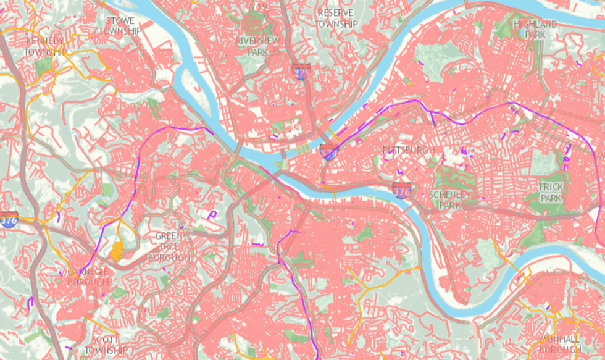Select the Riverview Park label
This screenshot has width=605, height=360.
[257, 46]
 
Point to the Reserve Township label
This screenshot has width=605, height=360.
[336, 18]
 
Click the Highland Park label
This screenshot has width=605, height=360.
[535, 30]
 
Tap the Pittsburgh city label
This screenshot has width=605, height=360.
[409, 150]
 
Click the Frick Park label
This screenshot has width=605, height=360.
[551, 192]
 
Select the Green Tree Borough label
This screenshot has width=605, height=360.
[169, 247]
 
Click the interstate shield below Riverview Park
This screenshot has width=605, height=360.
[301, 72]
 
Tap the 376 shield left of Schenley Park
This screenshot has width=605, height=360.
[401, 190]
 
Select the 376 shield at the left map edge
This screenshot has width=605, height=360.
[8, 221]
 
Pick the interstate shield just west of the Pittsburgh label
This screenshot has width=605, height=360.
[328, 151]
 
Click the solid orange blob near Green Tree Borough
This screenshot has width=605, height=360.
[116, 250]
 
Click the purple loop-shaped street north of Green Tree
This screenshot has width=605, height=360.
[213, 214]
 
